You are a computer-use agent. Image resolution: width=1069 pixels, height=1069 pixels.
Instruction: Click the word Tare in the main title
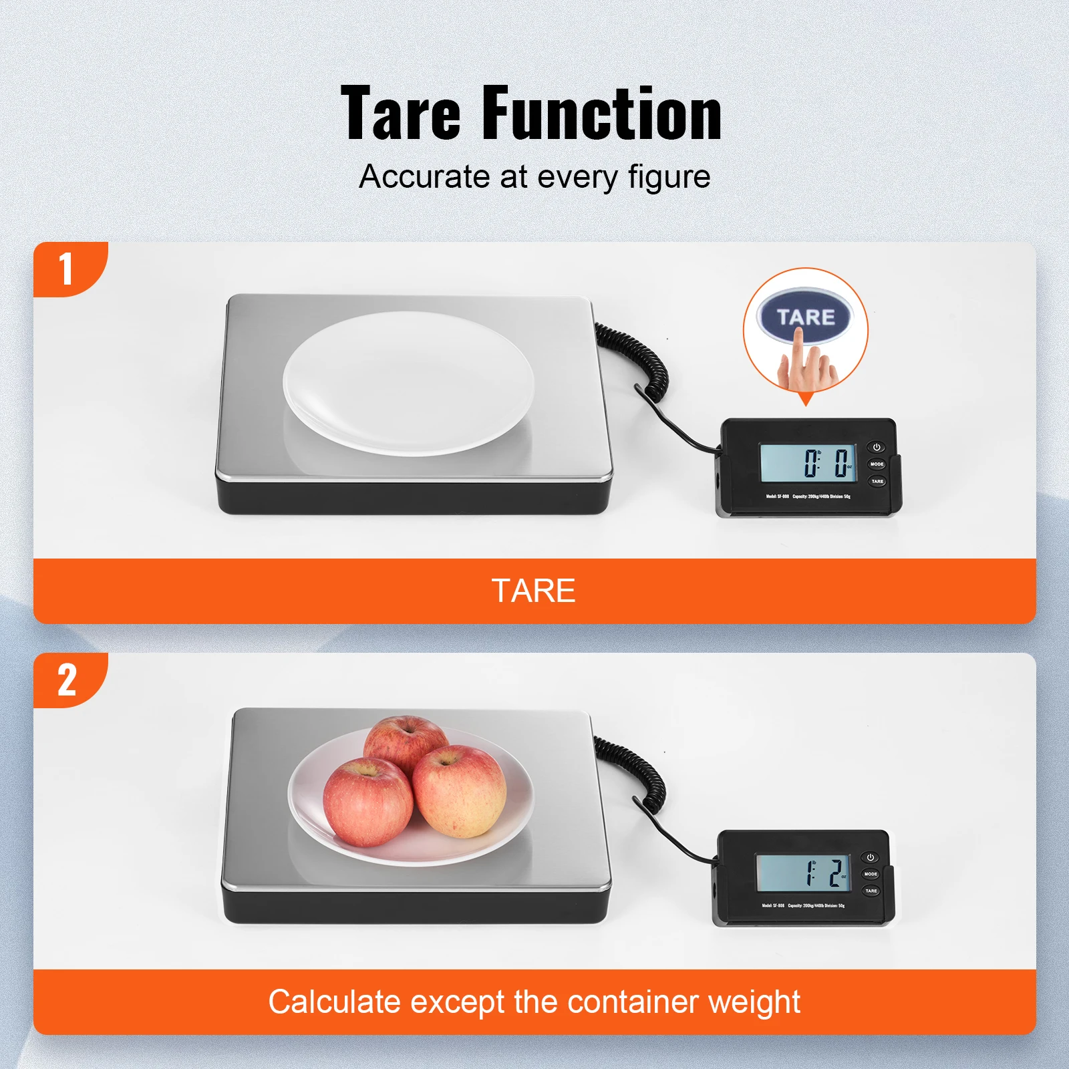pos(401,114)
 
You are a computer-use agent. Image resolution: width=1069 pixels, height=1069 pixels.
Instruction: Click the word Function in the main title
pos(601,114)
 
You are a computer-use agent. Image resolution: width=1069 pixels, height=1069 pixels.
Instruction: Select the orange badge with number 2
pos(67,680)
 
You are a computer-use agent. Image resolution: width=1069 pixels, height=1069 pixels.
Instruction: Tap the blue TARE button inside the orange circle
pos(805,317)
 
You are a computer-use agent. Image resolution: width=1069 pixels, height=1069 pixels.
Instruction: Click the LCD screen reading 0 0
pos(808,462)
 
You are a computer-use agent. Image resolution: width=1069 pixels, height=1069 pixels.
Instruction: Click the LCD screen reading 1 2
pos(803,873)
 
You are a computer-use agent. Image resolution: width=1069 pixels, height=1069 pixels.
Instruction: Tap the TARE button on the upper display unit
pos(877,481)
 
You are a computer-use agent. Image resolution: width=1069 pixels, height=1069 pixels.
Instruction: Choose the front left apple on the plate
pos(367,802)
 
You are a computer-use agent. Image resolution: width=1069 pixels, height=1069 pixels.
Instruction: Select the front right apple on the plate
pos(460,792)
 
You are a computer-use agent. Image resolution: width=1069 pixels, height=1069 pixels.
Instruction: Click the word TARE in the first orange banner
pos(533,591)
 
